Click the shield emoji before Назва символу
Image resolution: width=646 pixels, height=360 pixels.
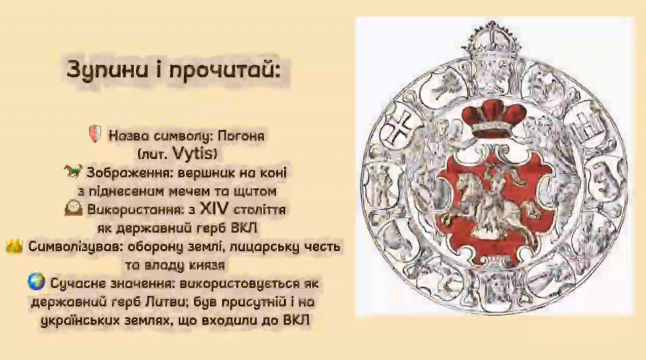coord(95,135)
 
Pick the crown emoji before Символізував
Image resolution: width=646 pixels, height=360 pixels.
coord(14,247)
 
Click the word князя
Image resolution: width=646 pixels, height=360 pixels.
coord(203,265)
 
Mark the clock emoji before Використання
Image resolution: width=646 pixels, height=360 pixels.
coord(74,209)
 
